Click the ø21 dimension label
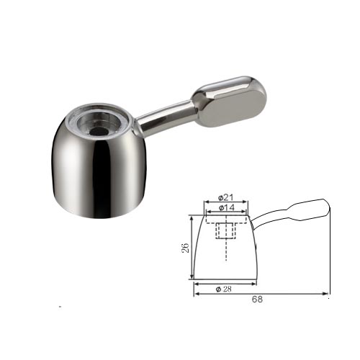click(x=225, y=198)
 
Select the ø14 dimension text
click(x=226, y=207)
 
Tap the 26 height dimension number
click(x=185, y=248)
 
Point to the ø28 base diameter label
click(x=224, y=289)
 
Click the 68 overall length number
click(x=257, y=300)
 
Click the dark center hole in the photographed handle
click(x=99, y=131)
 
